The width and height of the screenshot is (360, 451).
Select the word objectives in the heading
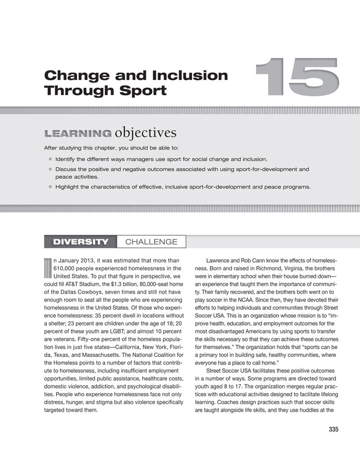tap(146, 133)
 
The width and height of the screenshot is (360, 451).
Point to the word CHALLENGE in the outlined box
tap(151, 242)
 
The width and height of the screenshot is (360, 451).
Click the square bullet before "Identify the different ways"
tap(50, 159)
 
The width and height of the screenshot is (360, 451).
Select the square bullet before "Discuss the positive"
tap(50, 170)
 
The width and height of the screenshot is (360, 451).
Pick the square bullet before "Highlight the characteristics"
tap(50, 188)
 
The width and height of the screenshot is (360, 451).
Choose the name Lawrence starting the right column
tap(220, 261)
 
